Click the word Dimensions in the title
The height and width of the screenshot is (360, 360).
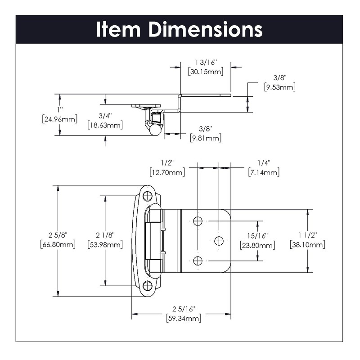coord(206,29)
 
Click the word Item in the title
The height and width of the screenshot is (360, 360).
coord(120,29)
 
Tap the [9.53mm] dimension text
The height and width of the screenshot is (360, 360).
coord(279,87)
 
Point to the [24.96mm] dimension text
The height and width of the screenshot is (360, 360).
coord(59,119)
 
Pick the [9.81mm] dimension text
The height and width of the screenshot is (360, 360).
coord(206,138)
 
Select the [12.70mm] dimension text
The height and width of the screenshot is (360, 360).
coord(166,172)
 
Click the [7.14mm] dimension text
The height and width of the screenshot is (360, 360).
coord(263,172)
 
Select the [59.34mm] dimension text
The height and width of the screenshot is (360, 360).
coord(183,318)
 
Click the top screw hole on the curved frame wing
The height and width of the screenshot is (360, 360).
coord(147,196)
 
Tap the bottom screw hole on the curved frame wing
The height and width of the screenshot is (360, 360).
coord(147,285)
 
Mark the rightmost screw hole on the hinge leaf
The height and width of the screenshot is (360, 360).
coord(219,241)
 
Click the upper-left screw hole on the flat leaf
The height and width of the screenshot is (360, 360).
coord(197,220)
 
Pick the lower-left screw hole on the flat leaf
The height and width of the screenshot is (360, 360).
coord(197,261)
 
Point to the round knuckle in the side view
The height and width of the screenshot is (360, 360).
coord(154,130)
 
